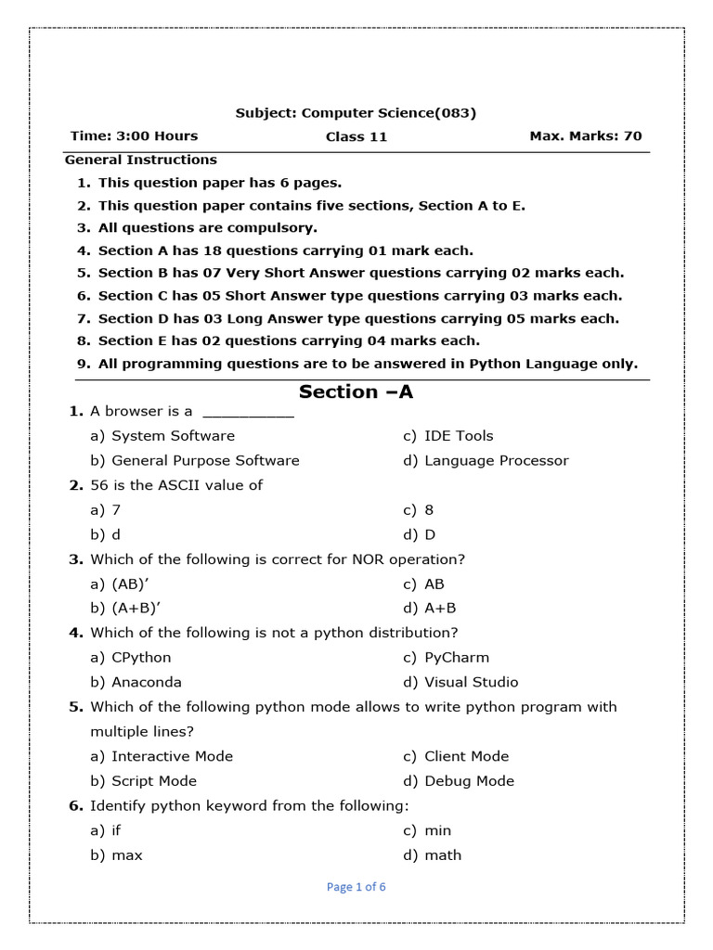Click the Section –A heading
click(356, 392)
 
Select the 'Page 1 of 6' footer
click(356, 887)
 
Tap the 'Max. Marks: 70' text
click(585, 136)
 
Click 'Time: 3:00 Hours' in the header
click(135, 136)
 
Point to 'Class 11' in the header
click(356, 137)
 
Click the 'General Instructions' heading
click(141, 160)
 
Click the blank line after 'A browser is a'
click(248, 412)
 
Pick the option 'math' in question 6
click(443, 855)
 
